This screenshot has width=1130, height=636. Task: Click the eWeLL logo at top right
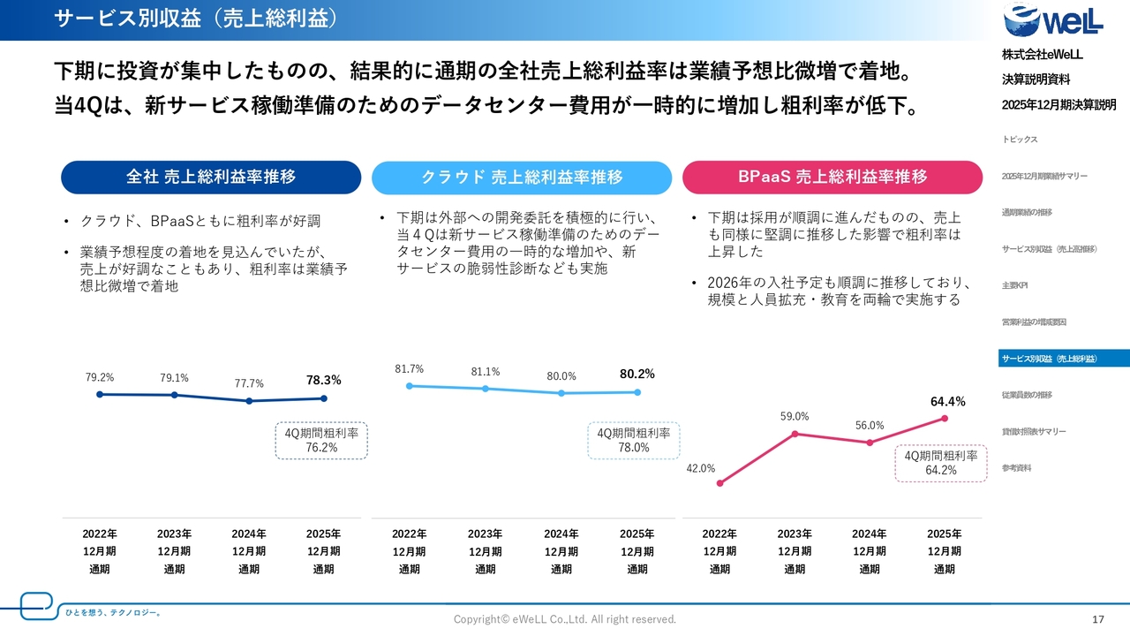tap(1053, 22)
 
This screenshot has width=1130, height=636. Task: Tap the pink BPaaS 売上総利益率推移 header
tap(832, 177)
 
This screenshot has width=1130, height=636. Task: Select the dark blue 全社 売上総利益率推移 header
tap(211, 177)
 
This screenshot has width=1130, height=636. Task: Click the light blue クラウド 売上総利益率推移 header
tap(522, 177)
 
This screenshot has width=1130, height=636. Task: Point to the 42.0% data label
tap(700, 469)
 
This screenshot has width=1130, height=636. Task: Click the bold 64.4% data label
tap(947, 402)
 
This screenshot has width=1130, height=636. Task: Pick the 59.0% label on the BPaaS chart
tap(795, 417)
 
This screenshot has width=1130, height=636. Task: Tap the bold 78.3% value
tap(323, 381)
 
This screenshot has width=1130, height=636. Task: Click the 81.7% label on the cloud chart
tap(409, 369)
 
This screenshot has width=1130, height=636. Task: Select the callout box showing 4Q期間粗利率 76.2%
tap(321, 440)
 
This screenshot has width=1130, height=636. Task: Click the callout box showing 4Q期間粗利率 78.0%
tap(633, 440)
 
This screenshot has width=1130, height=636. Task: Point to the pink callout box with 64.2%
tap(941, 463)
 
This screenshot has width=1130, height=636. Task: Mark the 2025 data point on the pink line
tap(945, 419)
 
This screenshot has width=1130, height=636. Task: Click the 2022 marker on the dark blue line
tap(100, 394)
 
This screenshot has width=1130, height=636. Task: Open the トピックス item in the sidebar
tap(1020, 140)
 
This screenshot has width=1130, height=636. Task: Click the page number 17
tap(1098, 619)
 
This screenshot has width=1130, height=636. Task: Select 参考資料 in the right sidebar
tap(1017, 467)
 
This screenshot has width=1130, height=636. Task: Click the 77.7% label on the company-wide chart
tap(249, 384)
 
